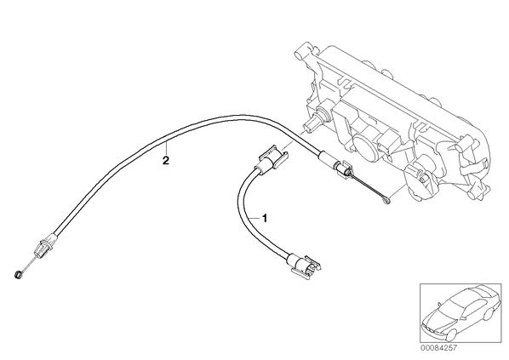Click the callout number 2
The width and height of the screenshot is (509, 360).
pyautogui.click(x=166, y=160)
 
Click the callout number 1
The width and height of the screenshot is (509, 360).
pyautogui.click(x=265, y=218)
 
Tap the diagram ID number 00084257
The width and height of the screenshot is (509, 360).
pyautogui.click(x=438, y=348)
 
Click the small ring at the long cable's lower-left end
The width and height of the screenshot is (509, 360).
pyautogui.click(x=18, y=274)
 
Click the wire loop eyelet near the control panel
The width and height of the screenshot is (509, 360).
pyautogui.click(x=386, y=202)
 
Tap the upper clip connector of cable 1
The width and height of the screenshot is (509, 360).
pyautogui.click(x=272, y=157)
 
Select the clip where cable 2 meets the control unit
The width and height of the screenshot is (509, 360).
pyautogui.click(x=343, y=169)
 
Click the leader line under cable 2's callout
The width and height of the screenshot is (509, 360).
pyautogui.click(x=166, y=149)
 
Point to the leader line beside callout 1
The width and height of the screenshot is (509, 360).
pyautogui.click(x=254, y=218)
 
